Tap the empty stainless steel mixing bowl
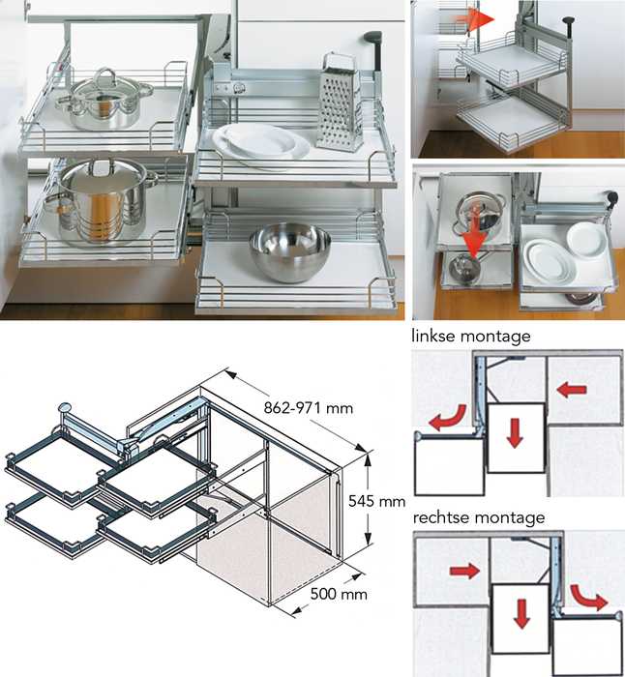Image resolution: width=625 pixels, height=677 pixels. tap(289, 250)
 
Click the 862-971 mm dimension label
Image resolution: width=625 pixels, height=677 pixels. tap(307, 408)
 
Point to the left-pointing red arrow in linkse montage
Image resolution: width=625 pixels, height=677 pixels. tap(573, 390)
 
